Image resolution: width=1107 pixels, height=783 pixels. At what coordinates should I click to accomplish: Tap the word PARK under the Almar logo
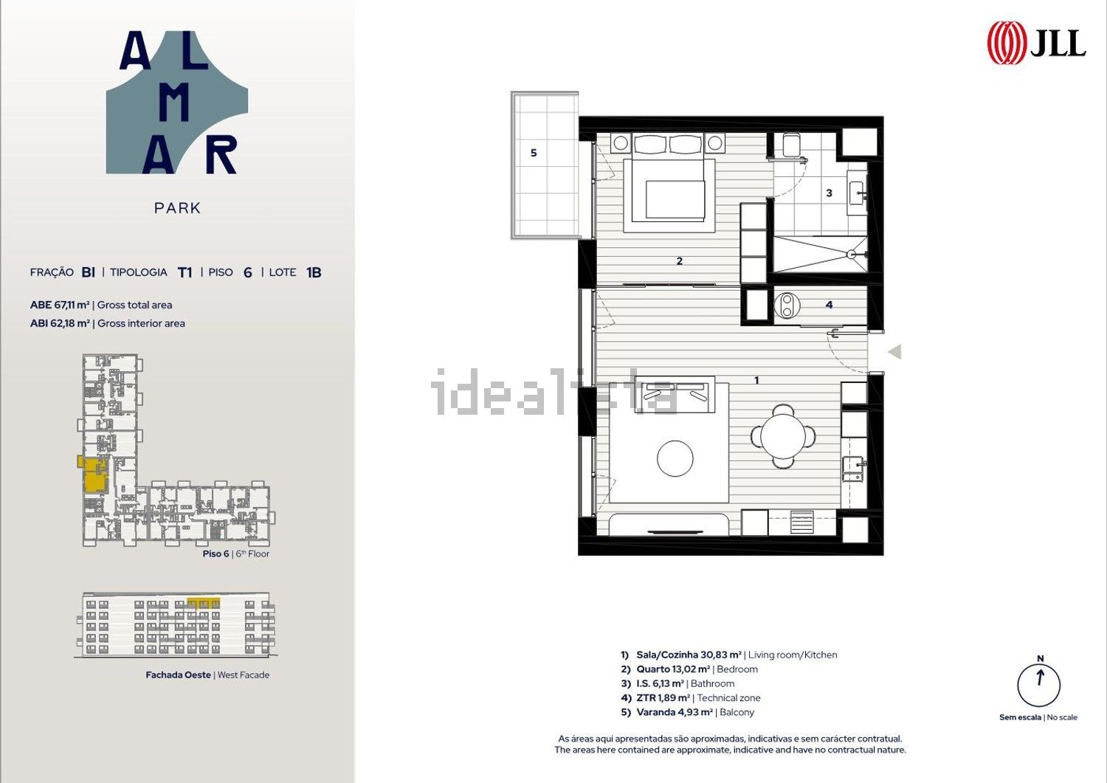tap(177, 208)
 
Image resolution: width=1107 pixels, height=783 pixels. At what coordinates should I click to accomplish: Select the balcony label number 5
tap(534, 154)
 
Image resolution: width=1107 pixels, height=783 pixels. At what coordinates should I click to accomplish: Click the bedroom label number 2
tap(680, 261)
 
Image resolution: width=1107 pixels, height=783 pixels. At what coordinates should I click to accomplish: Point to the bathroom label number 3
tap(830, 193)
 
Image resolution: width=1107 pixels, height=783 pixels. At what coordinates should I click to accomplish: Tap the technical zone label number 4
tap(830, 305)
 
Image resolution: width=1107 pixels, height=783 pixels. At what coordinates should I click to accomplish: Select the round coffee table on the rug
tap(675, 458)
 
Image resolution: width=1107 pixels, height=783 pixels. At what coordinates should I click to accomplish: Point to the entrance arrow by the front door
tap(895, 351)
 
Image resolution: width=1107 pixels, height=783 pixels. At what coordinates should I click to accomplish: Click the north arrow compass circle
tap(1039, 685)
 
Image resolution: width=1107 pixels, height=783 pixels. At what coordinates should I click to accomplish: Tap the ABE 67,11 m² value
tap(60, 305)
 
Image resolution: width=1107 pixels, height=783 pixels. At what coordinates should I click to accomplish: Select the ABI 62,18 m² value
tap(60, 323)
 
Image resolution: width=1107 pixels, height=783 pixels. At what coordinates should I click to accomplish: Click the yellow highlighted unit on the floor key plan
tap(95, 475)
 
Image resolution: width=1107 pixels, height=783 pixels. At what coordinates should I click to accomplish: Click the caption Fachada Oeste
tap(178, 675)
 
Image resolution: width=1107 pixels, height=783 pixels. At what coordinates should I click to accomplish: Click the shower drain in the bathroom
tap(851, 254)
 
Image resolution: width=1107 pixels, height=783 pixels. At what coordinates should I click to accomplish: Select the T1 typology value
tap(184, 272)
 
